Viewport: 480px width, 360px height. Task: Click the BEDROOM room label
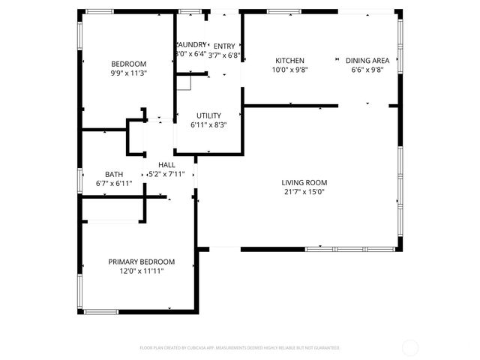[x=129, y=64]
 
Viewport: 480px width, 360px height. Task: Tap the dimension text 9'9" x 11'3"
[x=129, y=73]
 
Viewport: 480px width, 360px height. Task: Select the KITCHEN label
[x=289, y=60]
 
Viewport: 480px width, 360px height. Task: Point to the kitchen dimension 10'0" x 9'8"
[x=289, y=70]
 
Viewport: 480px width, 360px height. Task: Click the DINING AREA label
[x=367, y=60]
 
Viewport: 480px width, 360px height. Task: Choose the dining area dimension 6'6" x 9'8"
[x=367, y=70]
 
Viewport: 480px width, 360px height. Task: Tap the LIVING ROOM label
[x=304, y=182]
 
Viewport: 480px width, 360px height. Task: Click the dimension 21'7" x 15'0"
[x=304, y=192]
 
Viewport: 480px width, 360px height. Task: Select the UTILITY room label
[x=208, y=115]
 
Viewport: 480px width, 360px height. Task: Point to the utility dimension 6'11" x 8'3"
[x=208, y=124]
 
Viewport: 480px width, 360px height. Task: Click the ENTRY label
[x=224, y=45]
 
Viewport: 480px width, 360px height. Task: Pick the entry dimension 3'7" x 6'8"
[x=224, y=55]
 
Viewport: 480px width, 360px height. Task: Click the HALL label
[x=166, y=164]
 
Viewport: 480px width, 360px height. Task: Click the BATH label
[x=114, y=173]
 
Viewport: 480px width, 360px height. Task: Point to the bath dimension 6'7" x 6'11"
[x=114, y=183]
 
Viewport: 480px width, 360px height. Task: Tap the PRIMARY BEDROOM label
[x=142, y=262]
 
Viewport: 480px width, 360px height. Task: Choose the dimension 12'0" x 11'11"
[x=142, y=271]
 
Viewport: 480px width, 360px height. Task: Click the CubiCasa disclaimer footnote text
[x=240, y=348]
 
